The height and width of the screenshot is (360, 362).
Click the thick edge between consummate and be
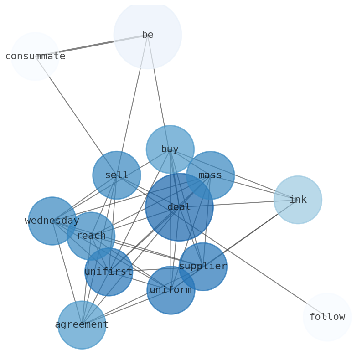pyautogui.click(x=91, y=46)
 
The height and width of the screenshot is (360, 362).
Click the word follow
pyautogui.click(x=327, y=317)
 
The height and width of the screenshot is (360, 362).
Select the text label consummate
pyautogui.click(x=35, y=57)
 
